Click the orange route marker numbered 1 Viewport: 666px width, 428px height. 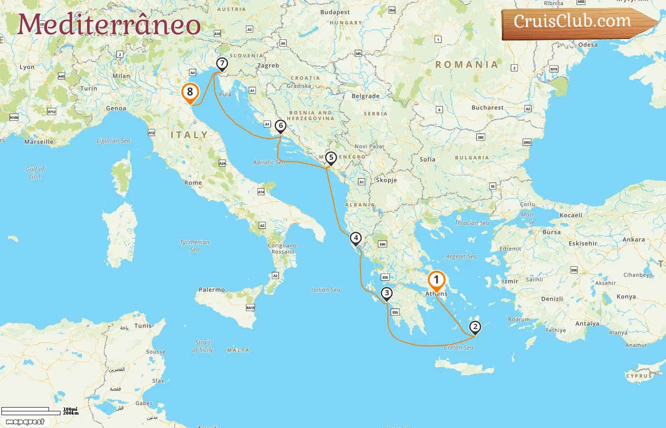pos(436,280)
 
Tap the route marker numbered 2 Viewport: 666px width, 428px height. pos(475,327)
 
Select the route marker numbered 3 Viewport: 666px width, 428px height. pos(387,293)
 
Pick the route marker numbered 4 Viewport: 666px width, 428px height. pos(356,238)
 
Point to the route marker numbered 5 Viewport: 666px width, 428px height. pos(331,158)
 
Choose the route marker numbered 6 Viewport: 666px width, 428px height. pos(281,126)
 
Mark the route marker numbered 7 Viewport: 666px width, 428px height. pos(222,64)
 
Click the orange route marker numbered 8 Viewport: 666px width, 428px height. pos(190,92)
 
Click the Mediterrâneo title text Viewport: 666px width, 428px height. pos(109,25)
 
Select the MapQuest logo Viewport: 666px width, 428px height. pos(25,422)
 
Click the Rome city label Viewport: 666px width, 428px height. pos(193,183)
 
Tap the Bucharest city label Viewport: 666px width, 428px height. pos(488,107)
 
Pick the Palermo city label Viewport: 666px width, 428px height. pos(212,290)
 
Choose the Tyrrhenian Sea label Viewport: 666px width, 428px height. pos(195,245)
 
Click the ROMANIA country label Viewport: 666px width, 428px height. pos(467,65)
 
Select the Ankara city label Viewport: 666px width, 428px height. pos(634,240)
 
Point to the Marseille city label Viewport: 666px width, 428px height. pos(39,142)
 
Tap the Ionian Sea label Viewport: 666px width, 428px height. pos(326,290)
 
